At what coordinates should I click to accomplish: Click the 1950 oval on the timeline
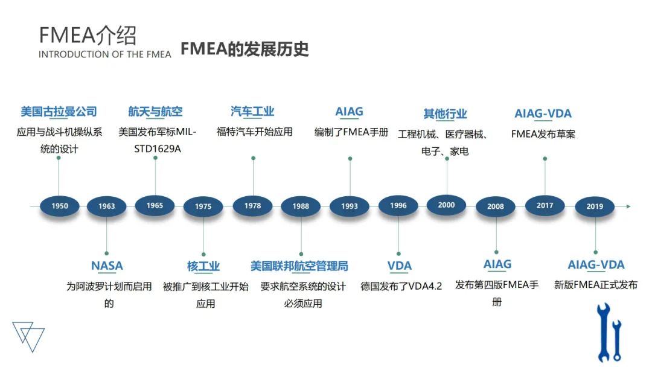[x=60, y=206]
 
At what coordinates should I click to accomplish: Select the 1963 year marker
[x=107, y=206]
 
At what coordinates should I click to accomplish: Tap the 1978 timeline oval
[x=253, y=206]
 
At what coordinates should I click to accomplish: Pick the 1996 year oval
[x=398, y=206]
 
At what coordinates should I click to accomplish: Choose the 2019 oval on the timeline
[x=595, y=206]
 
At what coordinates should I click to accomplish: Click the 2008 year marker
[x=496, y=206]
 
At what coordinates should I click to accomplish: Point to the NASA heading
[x=107, y=266]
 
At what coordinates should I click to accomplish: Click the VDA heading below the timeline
[x=399, y=266]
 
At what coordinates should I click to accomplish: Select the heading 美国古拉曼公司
[x=59, y=112]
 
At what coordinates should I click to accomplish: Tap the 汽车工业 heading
[x=252, y=112]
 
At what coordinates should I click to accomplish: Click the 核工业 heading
[x=203, y=266]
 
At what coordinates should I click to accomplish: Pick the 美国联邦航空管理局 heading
[x=299, y=266]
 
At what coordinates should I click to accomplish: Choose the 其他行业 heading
[x=446, y=113]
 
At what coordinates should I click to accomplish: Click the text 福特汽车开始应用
[x=254, y=132]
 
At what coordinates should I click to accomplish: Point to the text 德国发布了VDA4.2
[x=401, y=286]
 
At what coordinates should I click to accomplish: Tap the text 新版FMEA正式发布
[x=596, y=285]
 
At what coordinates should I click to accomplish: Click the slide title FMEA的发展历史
[x=245, y=49]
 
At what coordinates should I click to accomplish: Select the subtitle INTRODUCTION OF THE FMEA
[x=105, y=54]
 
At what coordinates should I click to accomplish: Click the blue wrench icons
[x=609, y=332]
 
